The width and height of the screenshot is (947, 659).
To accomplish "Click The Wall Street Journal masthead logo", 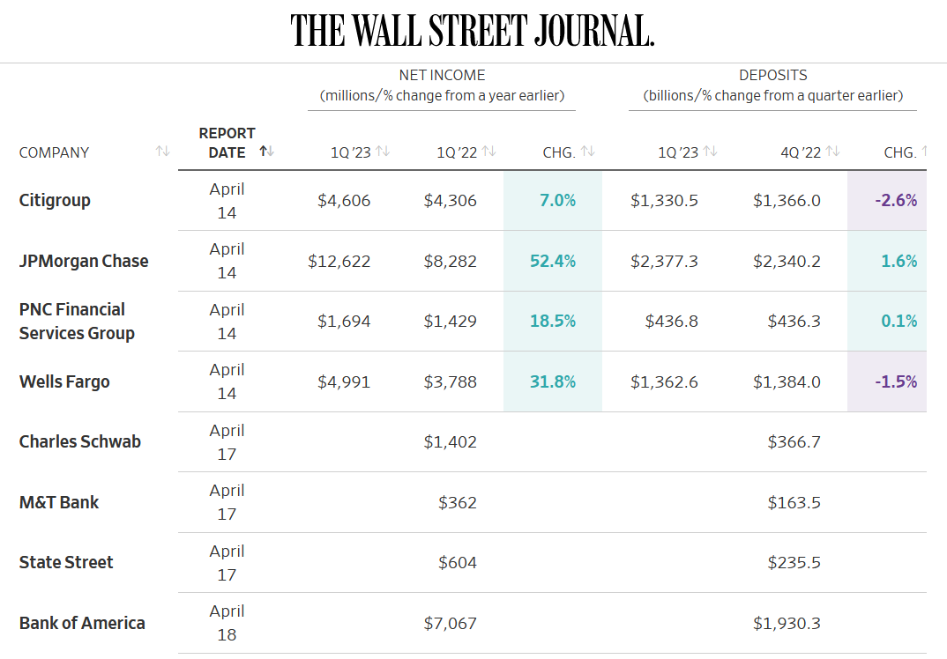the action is click(x=473, y=30).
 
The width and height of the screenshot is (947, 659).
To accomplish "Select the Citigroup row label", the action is click(x=55, y=200).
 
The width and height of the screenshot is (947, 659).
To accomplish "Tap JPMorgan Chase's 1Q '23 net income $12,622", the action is click(x=339, y=262).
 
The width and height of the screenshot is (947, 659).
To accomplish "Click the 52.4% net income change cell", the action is click(x=553, y=262).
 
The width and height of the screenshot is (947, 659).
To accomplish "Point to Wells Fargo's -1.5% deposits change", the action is click(x=896, y=382).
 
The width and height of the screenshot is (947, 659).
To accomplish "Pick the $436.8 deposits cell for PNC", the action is click(x=671, y=321).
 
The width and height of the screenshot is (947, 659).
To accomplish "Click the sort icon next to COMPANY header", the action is click(x=162, y=151).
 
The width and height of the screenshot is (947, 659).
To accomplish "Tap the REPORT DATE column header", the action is click(x=227, y=143).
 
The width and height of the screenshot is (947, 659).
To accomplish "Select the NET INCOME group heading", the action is click(x=442, y=76).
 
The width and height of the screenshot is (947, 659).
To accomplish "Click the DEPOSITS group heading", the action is click(x=773, y=76).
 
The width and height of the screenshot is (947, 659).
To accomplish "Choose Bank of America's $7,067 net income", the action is click(x=450, y=624).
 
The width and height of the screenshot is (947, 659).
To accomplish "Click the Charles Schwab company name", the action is click(x=79, y=441).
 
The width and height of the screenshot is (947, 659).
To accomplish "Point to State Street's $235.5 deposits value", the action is click(x=794, y=562).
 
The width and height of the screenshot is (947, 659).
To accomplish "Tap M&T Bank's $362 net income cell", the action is click(x=458, y=503).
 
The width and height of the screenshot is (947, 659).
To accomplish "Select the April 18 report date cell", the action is click(x=227, y=623).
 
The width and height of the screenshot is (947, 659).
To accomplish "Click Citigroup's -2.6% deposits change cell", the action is click(x=896, y=200).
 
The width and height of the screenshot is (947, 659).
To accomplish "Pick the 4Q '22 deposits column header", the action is click(x=801, y=152).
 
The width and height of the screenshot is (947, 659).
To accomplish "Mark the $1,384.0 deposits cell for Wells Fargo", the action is click(x=787, y=382).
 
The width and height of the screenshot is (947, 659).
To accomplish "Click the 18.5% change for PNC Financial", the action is click(x=553, y=321).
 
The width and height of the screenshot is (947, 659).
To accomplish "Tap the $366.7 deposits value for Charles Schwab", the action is click(x=794, y=441).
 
